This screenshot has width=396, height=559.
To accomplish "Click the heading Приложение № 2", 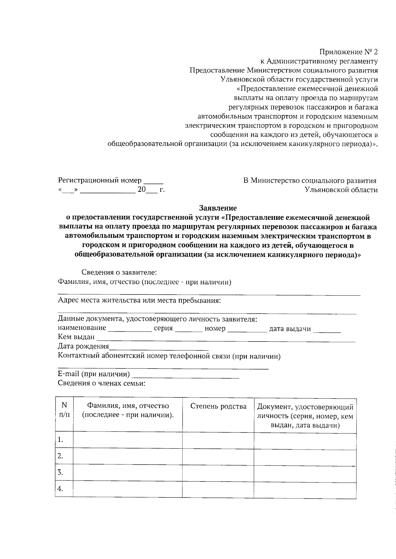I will (348, 52).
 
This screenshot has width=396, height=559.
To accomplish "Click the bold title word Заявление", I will (218, 208).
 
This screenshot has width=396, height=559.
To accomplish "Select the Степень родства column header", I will (218, 406).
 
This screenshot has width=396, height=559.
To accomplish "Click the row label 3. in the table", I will (60, 473).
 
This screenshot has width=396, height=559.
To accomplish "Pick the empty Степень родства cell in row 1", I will (218, 440).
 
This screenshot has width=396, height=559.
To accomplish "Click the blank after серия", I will (189, 330).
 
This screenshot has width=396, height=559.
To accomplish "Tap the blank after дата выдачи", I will (327, 330).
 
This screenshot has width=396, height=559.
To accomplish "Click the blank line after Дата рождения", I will (158, 348).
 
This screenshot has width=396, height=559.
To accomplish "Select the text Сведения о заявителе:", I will (119, 273).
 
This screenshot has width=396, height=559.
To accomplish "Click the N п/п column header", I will (64, 410).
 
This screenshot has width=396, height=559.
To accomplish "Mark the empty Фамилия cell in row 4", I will (127, 489).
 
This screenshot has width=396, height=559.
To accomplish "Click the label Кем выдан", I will (76, 337).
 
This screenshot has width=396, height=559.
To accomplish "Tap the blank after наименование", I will (130, 330).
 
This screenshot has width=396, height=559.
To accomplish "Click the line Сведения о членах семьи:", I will (102, 383).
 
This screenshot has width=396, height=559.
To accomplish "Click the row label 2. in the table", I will (60, 456).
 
